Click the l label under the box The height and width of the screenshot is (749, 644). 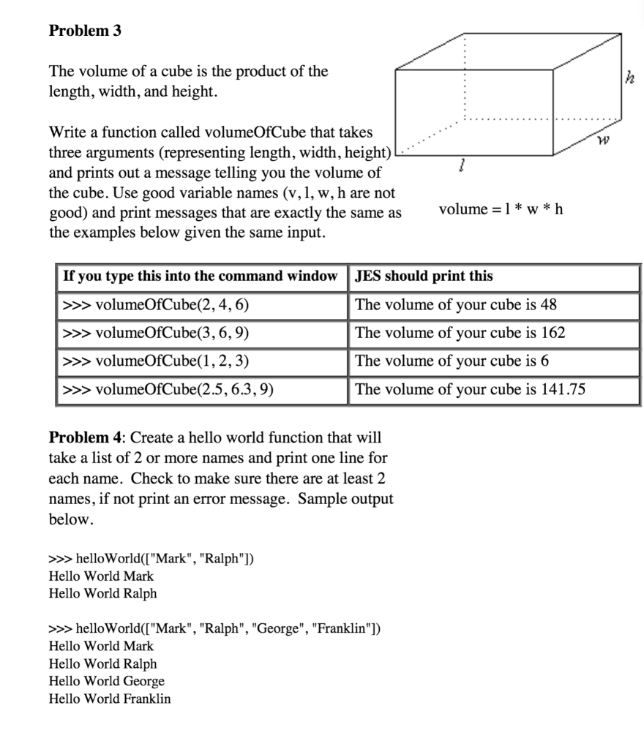460,168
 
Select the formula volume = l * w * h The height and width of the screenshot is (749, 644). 501,210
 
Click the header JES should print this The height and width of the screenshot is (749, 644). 424,276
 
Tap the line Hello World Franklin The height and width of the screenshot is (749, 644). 109,699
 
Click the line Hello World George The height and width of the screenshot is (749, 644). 106,681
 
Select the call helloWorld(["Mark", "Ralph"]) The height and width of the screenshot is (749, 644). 151,559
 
